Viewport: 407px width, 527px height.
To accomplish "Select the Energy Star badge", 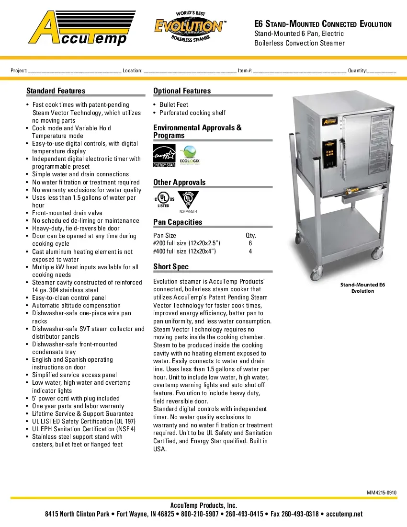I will [164, 156].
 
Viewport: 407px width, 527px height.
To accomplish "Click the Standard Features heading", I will [56, 91].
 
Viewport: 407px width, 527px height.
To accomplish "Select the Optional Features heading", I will [182, 91].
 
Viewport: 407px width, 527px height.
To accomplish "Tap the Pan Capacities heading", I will [178, 222].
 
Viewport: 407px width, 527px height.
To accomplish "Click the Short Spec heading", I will [171, 267].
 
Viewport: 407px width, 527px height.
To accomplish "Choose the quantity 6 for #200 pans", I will [250, 243].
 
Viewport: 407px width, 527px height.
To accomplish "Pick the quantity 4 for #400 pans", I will [250, 252].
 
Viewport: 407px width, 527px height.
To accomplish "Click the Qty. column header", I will [250, 235].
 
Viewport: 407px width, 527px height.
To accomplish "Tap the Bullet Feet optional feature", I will [174, 105].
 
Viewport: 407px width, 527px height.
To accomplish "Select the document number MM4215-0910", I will [382, 493].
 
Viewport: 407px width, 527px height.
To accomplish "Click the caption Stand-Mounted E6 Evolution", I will [362, 288].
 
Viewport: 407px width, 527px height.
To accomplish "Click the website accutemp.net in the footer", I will [344, 514].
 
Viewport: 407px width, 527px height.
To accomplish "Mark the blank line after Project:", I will [74, 71].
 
